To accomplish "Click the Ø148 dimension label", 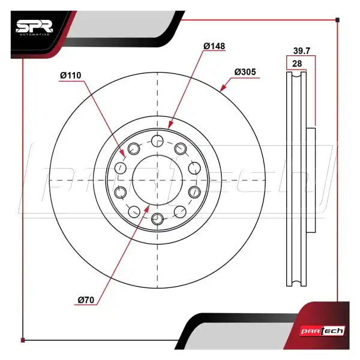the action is pos(214,46).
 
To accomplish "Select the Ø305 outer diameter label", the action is pos(245,72).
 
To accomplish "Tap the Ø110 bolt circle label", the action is pos(71,75).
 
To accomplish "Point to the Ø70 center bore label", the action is pos(86,300).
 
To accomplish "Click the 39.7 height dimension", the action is pos(302,51).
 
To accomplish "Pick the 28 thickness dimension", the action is pos(297,64).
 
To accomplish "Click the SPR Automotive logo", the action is pos(34,28).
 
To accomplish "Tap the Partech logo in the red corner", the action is pos(323,331).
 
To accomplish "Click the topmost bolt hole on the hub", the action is pos(157,141).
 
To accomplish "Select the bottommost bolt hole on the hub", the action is pos(157,219).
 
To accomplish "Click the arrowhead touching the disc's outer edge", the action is pos(223,88).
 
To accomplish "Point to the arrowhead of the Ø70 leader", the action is pos(147,209).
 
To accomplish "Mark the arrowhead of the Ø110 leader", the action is pos(122,152).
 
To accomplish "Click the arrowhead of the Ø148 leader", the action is pos(170,125).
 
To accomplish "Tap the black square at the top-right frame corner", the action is pos(337,20).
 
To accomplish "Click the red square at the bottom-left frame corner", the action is pos(23,340).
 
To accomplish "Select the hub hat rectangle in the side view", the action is pos(311,180).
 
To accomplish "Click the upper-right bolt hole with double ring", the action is pos(181,149).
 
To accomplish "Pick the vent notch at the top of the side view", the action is pos(296,74).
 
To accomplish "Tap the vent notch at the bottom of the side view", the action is pos(296,283).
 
